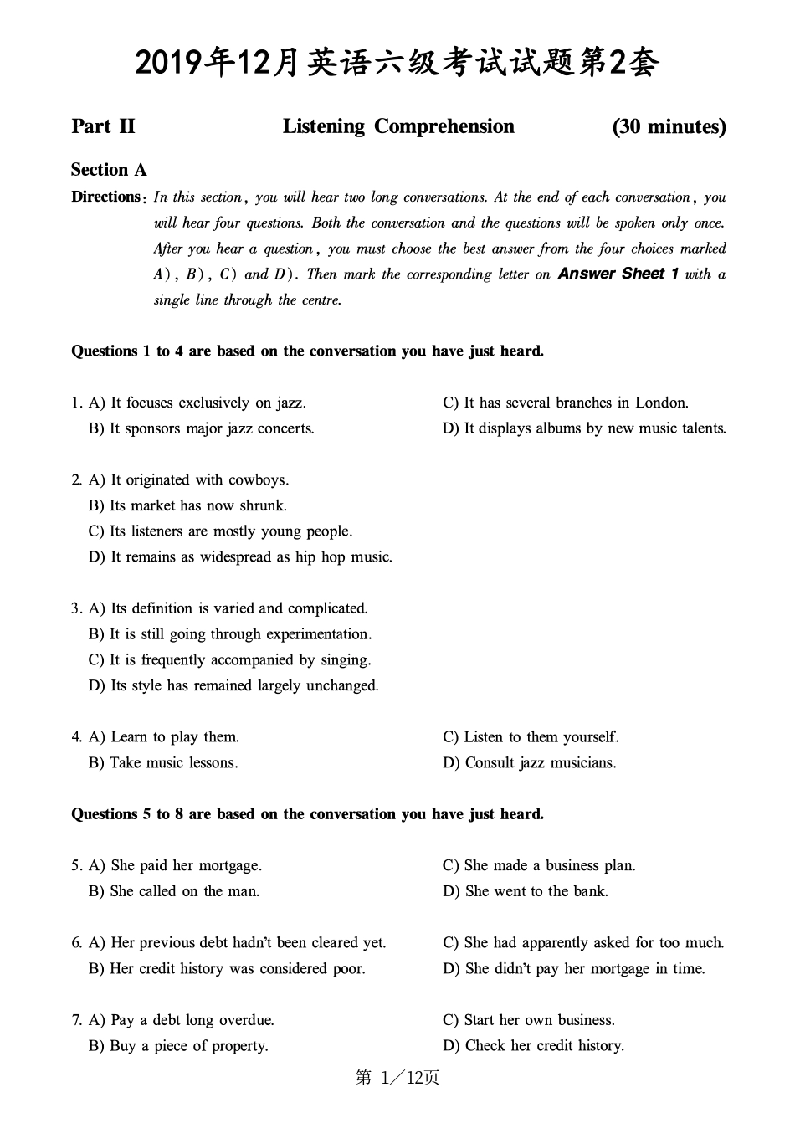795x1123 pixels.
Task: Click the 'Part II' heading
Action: coord(103,126)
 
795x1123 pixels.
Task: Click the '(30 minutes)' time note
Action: coord(669,126)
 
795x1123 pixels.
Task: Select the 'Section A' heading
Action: coord(109,170)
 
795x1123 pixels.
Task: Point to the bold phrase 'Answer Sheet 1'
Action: coord(618,274)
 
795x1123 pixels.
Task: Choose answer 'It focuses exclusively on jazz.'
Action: coord(208,403)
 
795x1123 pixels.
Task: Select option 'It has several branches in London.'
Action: coord(576,403)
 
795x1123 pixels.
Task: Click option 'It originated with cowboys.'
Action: coord(199,479)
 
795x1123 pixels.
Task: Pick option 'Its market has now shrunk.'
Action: coord(197,505)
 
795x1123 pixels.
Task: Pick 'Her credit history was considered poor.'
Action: coord(237,968)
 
